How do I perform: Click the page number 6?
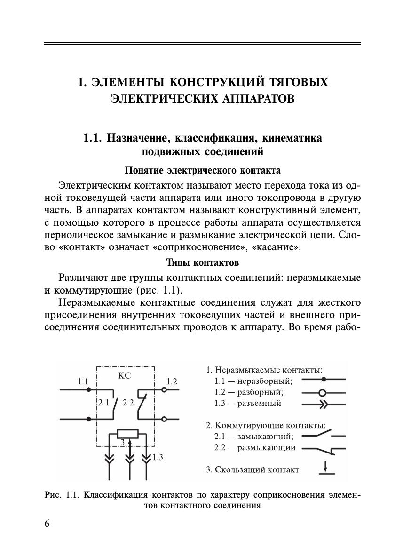pos(47,524)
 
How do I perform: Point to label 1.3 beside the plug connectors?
pos(158,456)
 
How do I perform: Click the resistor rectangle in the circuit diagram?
pos(127,434)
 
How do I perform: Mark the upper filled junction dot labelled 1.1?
pos(88,390)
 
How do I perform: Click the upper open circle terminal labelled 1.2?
pos(164,390)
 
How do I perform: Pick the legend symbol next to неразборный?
pos(324,379)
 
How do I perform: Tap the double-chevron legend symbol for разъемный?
pos(324,404)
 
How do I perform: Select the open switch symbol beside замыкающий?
pos(323,434)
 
